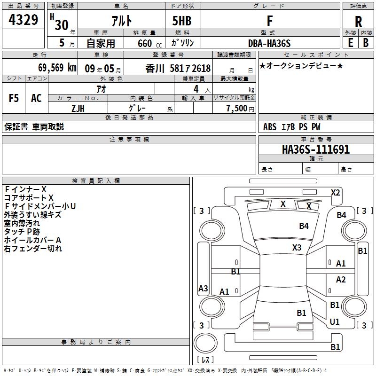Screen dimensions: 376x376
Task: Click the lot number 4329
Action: [x=23, y=20]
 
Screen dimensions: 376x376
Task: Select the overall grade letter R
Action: [x=358, y=22]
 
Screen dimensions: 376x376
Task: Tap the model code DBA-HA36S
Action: [x=269, y=43]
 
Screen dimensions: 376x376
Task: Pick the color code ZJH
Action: [x=78, y=108]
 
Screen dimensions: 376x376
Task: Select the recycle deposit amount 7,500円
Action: [x=240, y=108]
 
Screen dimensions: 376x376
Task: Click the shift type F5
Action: [x=14, y=98]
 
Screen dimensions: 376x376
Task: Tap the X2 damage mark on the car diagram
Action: [x=335, y=192]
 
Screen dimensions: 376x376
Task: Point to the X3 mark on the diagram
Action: [x=297, y=247]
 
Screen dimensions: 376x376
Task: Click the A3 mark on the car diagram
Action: [x=203, y=289]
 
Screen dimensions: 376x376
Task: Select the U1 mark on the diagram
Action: [x=335, y=322]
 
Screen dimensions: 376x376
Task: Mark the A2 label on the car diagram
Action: [x=341, y=280]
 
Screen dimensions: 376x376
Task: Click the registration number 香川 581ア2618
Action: [x=178, y=68]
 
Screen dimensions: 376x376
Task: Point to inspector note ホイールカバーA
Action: [x=32, y=240]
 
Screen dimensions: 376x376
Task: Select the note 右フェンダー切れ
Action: [x=33, y=249]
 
